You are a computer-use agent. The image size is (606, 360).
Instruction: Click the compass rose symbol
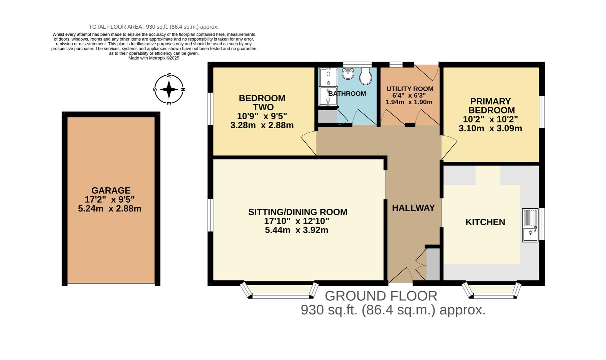(169, 89)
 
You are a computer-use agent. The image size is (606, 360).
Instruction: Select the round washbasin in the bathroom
(348, 74)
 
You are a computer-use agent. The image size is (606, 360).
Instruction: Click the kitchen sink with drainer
(530, 225)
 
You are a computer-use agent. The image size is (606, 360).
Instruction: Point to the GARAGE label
(111, 190)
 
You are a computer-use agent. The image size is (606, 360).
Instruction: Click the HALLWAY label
(413, 208)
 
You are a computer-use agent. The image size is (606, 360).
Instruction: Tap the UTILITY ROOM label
(410, 89)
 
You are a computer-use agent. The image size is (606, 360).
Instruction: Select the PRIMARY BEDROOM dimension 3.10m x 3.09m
(490, 128)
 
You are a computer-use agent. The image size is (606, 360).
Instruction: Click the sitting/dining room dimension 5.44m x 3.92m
(297, 230)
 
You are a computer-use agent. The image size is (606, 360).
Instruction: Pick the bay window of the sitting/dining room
(280, 291)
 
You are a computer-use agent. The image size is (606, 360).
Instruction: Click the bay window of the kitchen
(492, 291)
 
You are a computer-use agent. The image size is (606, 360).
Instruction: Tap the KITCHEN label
(485, 222)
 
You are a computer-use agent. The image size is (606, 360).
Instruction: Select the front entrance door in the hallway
(401, 275)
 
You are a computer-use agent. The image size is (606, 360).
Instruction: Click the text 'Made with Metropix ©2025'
(154, 58)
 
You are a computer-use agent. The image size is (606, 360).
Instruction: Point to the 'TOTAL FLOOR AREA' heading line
(154, 27)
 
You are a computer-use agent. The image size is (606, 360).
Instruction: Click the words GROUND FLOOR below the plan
(381, 296)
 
